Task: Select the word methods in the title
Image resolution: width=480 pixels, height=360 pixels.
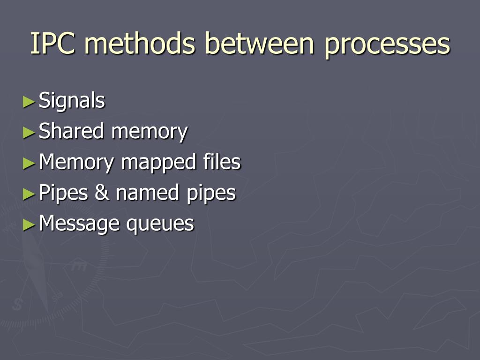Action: pos(139,44)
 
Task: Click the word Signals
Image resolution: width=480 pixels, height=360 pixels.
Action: pos(72,101)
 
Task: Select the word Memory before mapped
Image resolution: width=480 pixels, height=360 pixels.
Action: pos(76,163)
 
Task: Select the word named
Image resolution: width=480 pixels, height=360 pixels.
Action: pos(148,193)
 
